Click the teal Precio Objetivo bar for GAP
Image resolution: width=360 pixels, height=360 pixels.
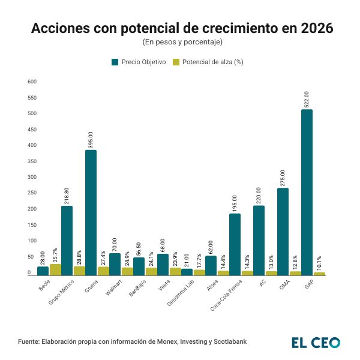click(x=307, y=192)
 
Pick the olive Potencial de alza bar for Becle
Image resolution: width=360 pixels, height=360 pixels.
click(x=55, y=269)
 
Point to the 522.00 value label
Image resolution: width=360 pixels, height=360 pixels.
click(x=307, y=99)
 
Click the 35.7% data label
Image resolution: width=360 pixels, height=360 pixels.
click(x=55, y=255)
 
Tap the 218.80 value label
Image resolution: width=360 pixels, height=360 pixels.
click(x=67, y=194)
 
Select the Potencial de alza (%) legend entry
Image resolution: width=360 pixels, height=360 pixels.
click(x=207, y=62)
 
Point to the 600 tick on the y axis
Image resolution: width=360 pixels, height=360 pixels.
click(x=32, y=82)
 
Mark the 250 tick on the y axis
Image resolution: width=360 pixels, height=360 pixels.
click(x=32, y=178)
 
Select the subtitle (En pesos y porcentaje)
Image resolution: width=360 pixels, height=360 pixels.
click(x=182, y=42)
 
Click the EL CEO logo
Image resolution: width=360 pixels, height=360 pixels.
click(x=316, y=343)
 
